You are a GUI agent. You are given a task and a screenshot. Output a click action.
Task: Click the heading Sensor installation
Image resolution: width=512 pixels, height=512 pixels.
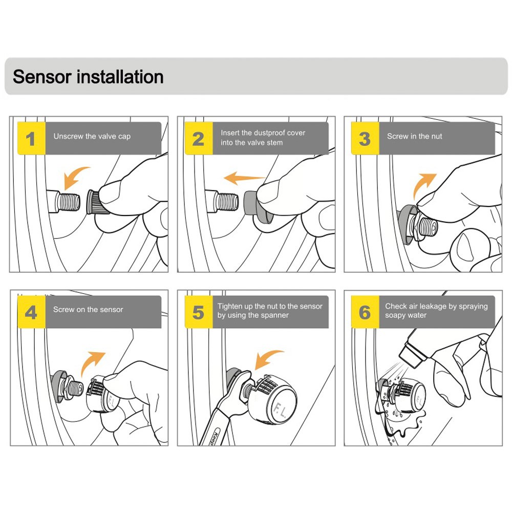click(88, 77)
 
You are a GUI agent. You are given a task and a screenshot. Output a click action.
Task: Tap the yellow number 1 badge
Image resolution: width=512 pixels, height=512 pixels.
click(31, 139)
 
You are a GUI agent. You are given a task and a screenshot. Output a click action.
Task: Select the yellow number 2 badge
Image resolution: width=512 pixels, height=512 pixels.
click(198, 139)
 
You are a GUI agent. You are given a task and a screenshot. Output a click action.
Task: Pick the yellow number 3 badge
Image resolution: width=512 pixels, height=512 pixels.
click(365, 139)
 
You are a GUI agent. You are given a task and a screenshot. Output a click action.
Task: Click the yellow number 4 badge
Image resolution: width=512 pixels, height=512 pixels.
click(31, 312)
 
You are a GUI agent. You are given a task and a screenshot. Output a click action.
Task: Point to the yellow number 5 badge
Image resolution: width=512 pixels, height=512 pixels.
click(198, 312)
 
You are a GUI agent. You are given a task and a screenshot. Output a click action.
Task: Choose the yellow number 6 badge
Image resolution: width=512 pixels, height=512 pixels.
click(365, 312)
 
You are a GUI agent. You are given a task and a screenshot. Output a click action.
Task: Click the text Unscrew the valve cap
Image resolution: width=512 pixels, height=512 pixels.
click(92, 136)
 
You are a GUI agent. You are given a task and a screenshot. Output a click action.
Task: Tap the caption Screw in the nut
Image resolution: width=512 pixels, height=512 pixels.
click(414, 136)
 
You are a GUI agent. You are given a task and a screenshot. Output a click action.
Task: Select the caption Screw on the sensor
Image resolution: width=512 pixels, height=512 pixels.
click(88, 309)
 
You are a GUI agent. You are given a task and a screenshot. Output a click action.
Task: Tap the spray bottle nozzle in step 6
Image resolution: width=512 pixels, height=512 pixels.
click(406, 354)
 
